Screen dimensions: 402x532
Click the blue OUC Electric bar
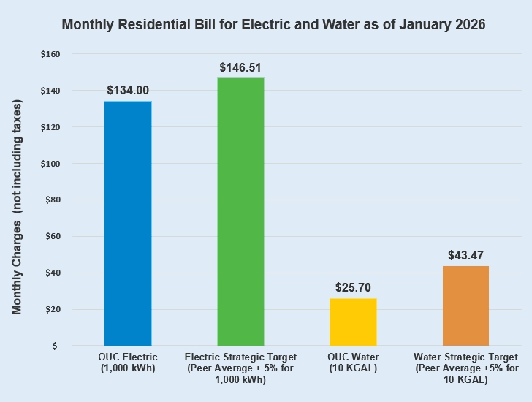click(128, 223)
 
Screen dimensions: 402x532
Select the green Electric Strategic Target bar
click(240, 211)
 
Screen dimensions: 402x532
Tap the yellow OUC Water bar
click(354, 322)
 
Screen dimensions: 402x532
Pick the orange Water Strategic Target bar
click(465, 306)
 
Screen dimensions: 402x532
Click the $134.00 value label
click(128, 91)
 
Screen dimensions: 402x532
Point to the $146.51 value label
click(241, 67)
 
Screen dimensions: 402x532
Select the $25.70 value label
click(354, 287)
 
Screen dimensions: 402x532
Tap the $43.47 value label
click(465, 256)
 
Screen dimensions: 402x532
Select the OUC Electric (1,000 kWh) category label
click(128, 363)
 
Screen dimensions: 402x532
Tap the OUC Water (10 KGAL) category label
click(354, 363)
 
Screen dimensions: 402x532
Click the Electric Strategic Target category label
click(241, 363)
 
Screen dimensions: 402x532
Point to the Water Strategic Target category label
click(466, 363)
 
